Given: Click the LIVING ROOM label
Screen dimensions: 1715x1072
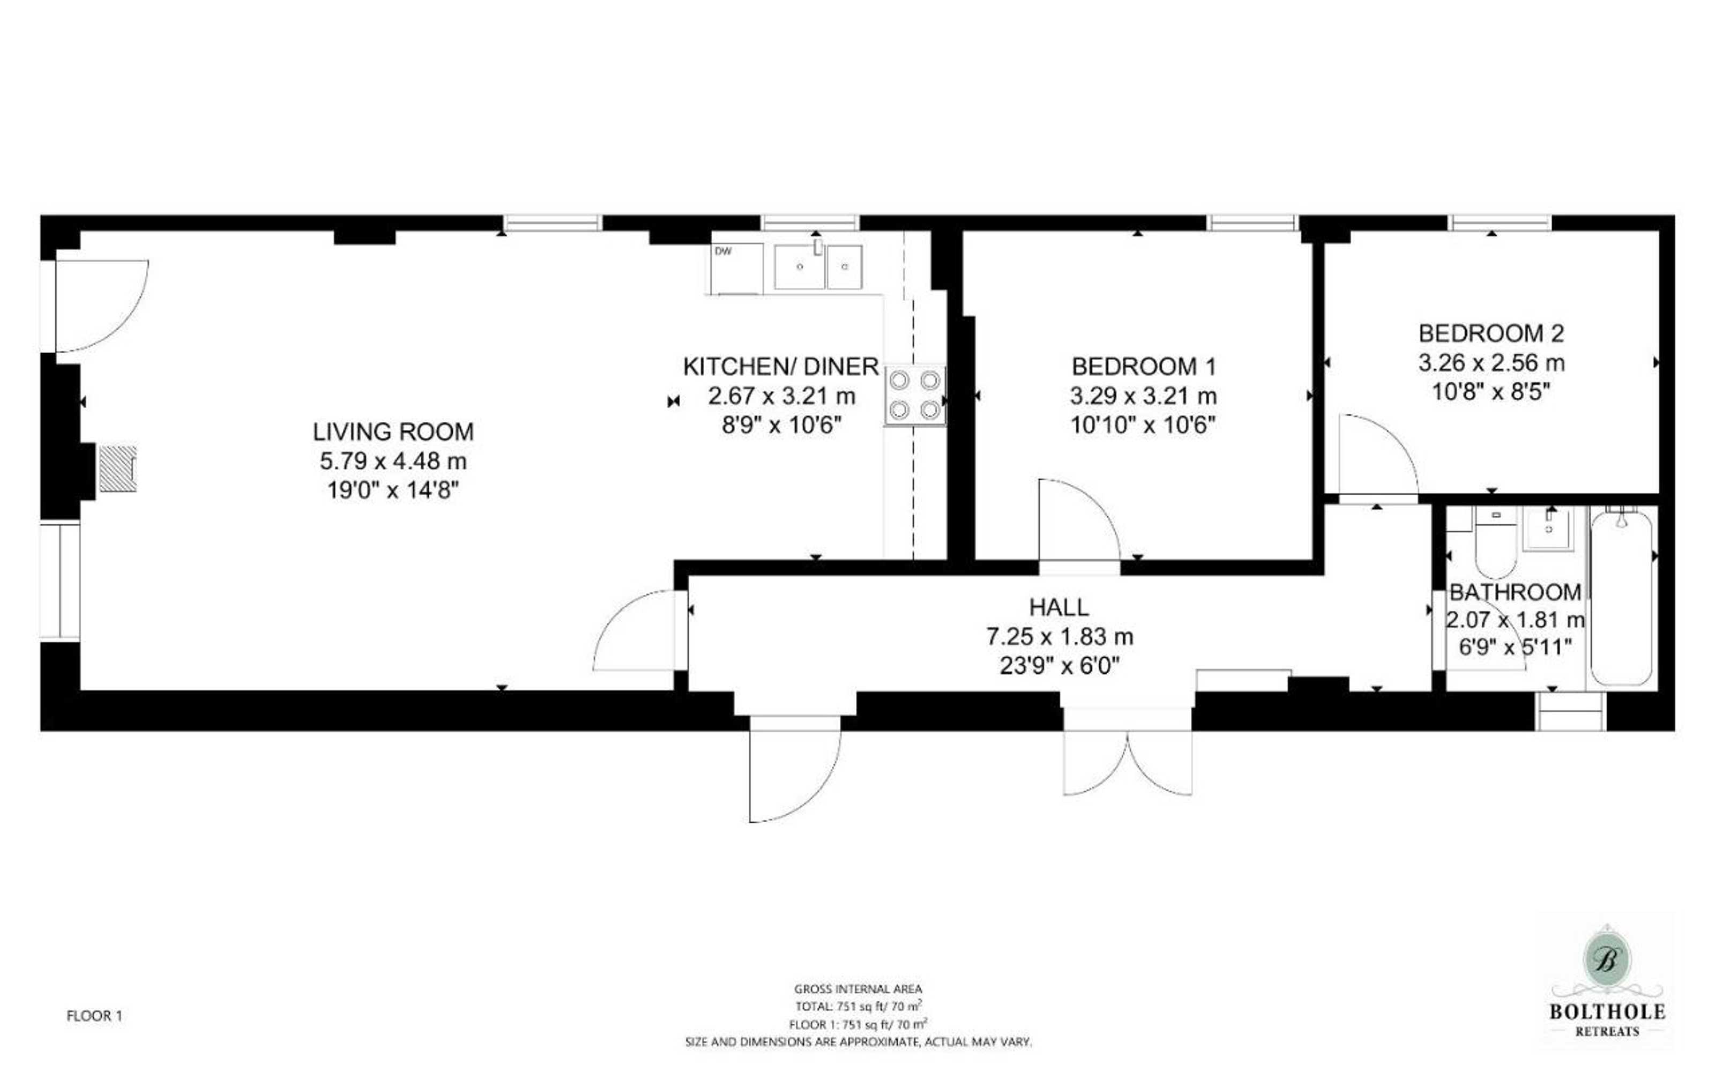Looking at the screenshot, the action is (393, 432).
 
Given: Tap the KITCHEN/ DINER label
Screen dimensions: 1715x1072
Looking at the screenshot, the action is (781, 367).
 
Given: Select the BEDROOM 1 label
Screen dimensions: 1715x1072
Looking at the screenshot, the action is (1144, 367).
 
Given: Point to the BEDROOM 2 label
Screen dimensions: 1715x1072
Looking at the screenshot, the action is (1491, 333).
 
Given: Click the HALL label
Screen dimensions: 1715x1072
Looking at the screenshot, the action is (1059, 608).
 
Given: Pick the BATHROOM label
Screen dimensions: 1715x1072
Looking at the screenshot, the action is (1515, 592).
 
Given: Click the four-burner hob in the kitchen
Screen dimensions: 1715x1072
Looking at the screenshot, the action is (915, 396).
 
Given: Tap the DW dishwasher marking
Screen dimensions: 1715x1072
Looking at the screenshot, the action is (723, 251).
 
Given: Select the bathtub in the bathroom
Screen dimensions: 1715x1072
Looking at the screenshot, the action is (1621, 598).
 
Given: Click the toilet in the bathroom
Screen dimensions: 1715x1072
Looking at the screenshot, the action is (1495, 542).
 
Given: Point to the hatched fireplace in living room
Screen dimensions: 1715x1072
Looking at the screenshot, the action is (117, 468).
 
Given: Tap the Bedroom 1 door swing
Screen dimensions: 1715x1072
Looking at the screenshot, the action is (1079, 519).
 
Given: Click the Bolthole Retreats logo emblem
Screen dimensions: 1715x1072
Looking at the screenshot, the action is (1607, 961).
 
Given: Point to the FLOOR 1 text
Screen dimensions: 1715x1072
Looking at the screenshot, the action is (94, 1016).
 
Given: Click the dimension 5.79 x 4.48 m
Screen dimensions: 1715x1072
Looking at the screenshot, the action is (393, 461).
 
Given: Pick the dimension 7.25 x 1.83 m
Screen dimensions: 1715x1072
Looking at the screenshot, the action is (1060, 637).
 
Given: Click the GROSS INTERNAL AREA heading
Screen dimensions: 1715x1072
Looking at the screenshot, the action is (858, 989).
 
